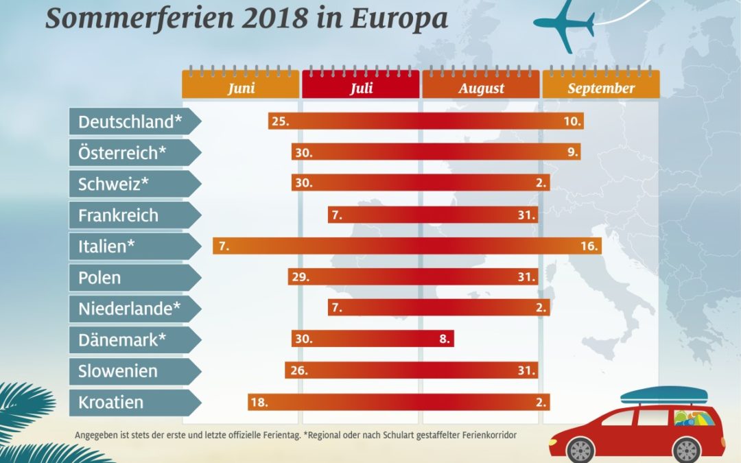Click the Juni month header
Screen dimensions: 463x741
coord(241,88)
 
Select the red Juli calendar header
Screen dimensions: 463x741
coord(361,88)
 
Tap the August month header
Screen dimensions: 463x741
coord(481,88)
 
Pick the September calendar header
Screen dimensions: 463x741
coord(601,88)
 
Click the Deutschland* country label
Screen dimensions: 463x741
coord(130,121)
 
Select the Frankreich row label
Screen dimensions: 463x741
coord(118,215)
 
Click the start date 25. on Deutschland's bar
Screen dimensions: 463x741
coord(280,121)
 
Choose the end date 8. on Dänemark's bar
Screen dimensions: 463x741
coord(444,340)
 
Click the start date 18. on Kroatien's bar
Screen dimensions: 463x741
coord(259,402)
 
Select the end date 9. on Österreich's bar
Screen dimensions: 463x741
coord(573,152)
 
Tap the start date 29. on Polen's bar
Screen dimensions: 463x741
coord(300,277)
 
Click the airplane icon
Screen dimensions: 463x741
coord(564,23)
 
